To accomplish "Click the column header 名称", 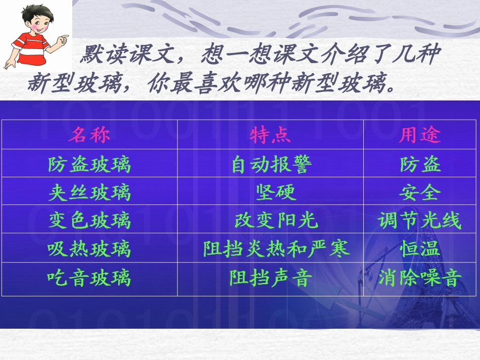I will click(x=89, y=135).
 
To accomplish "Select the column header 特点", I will click(x=270, y=135).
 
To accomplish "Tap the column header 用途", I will click(x=420, y=135).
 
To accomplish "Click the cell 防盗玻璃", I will click(x=89, y=164).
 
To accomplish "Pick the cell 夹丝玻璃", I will click(x=89, y=192).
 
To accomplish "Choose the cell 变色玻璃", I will click(x=89, y=221).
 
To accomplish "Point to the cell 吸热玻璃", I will click(x=89, y=249).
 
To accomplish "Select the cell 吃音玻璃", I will click(x=89, y=277).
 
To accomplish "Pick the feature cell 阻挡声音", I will click(x=270, y=277).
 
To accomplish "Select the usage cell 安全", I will click(x=420, y=192).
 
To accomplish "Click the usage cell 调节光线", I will click(x=420, y=221).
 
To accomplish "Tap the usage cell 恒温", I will click(x=420, y=249).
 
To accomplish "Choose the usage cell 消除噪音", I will click(x=420, y=277).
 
